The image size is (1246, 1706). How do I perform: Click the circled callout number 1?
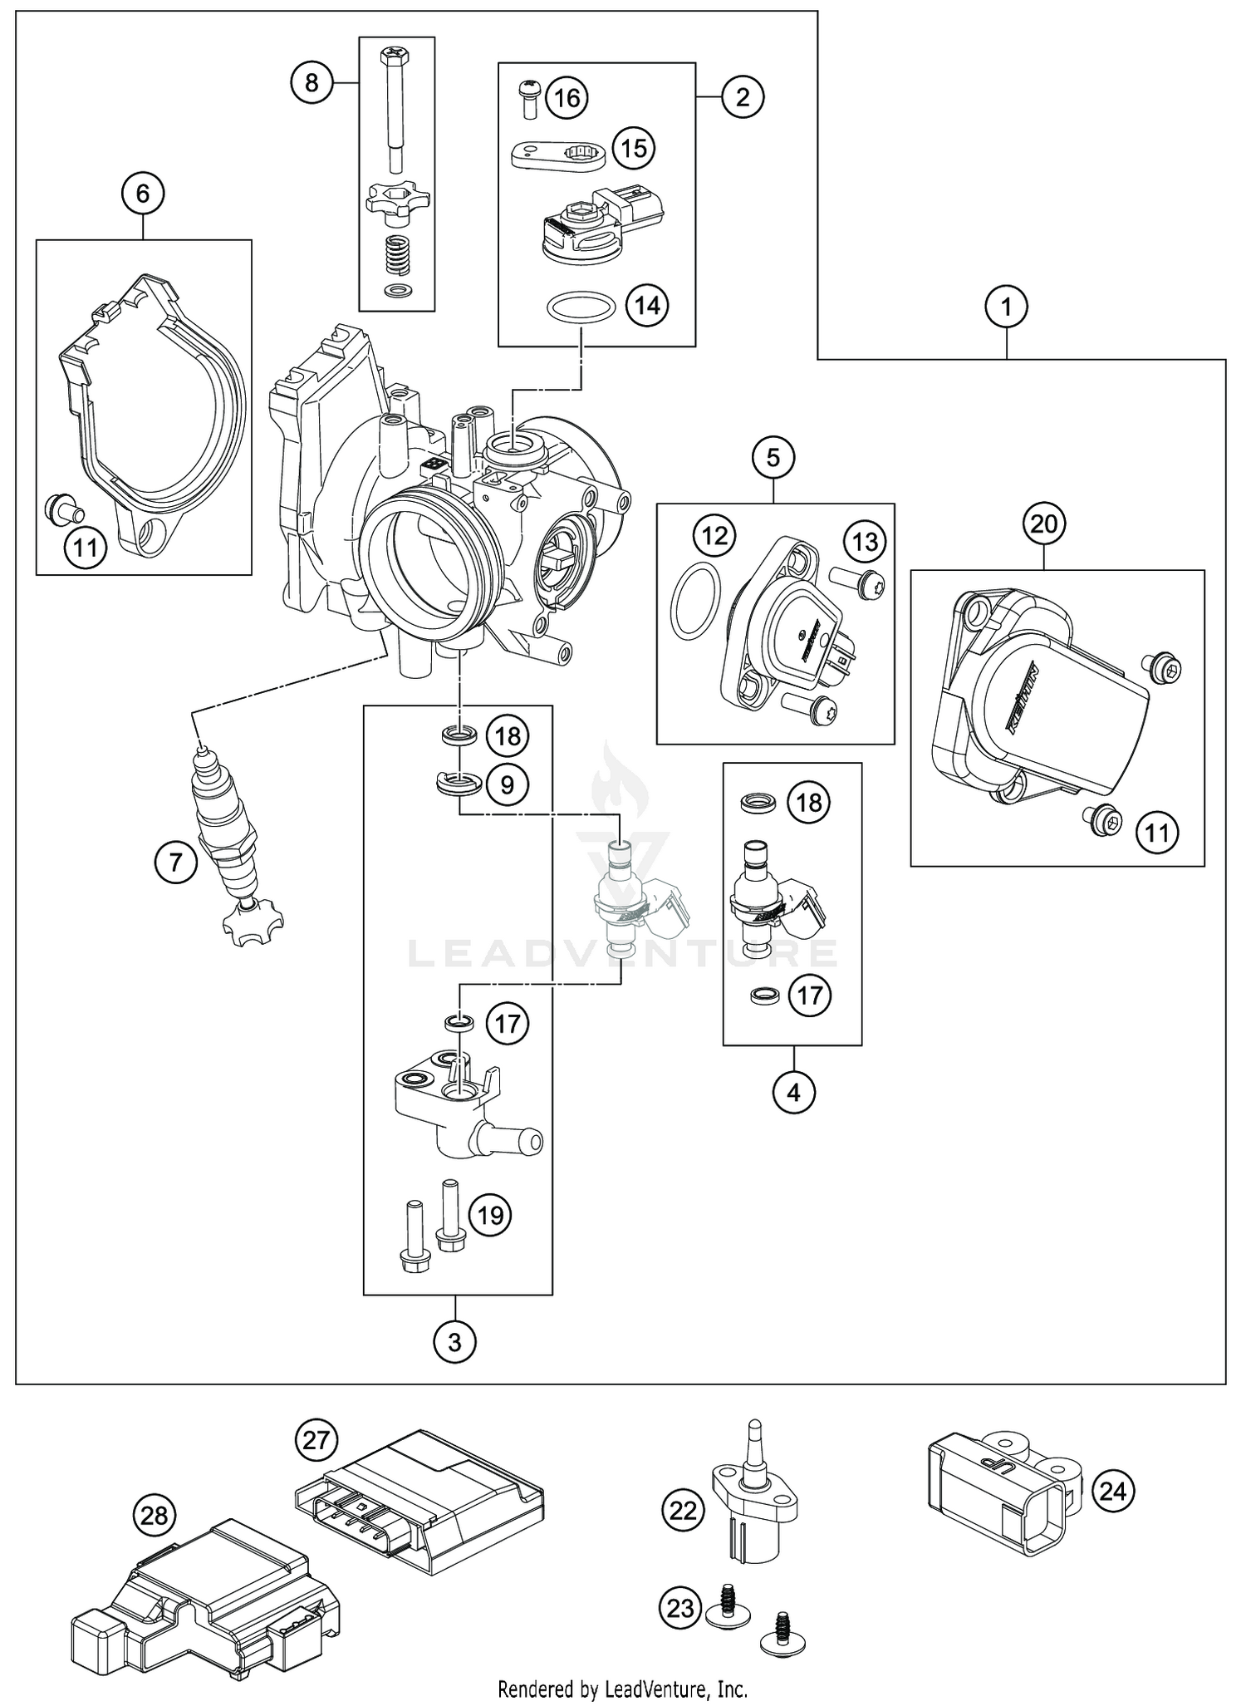pos(1006,307)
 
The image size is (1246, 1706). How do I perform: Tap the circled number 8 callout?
pos(311,82)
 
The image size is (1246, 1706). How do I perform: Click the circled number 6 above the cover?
pos(142,194)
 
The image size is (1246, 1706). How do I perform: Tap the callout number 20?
pos(1044,524)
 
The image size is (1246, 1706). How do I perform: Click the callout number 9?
pos(507,784)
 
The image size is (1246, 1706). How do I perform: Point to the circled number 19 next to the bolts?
pos(490,1216)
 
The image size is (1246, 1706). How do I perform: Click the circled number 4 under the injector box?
pos(793,1092)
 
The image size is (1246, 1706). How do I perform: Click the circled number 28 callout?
pos(155,1517)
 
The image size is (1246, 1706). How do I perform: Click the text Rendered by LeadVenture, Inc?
pos(622,1689)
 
